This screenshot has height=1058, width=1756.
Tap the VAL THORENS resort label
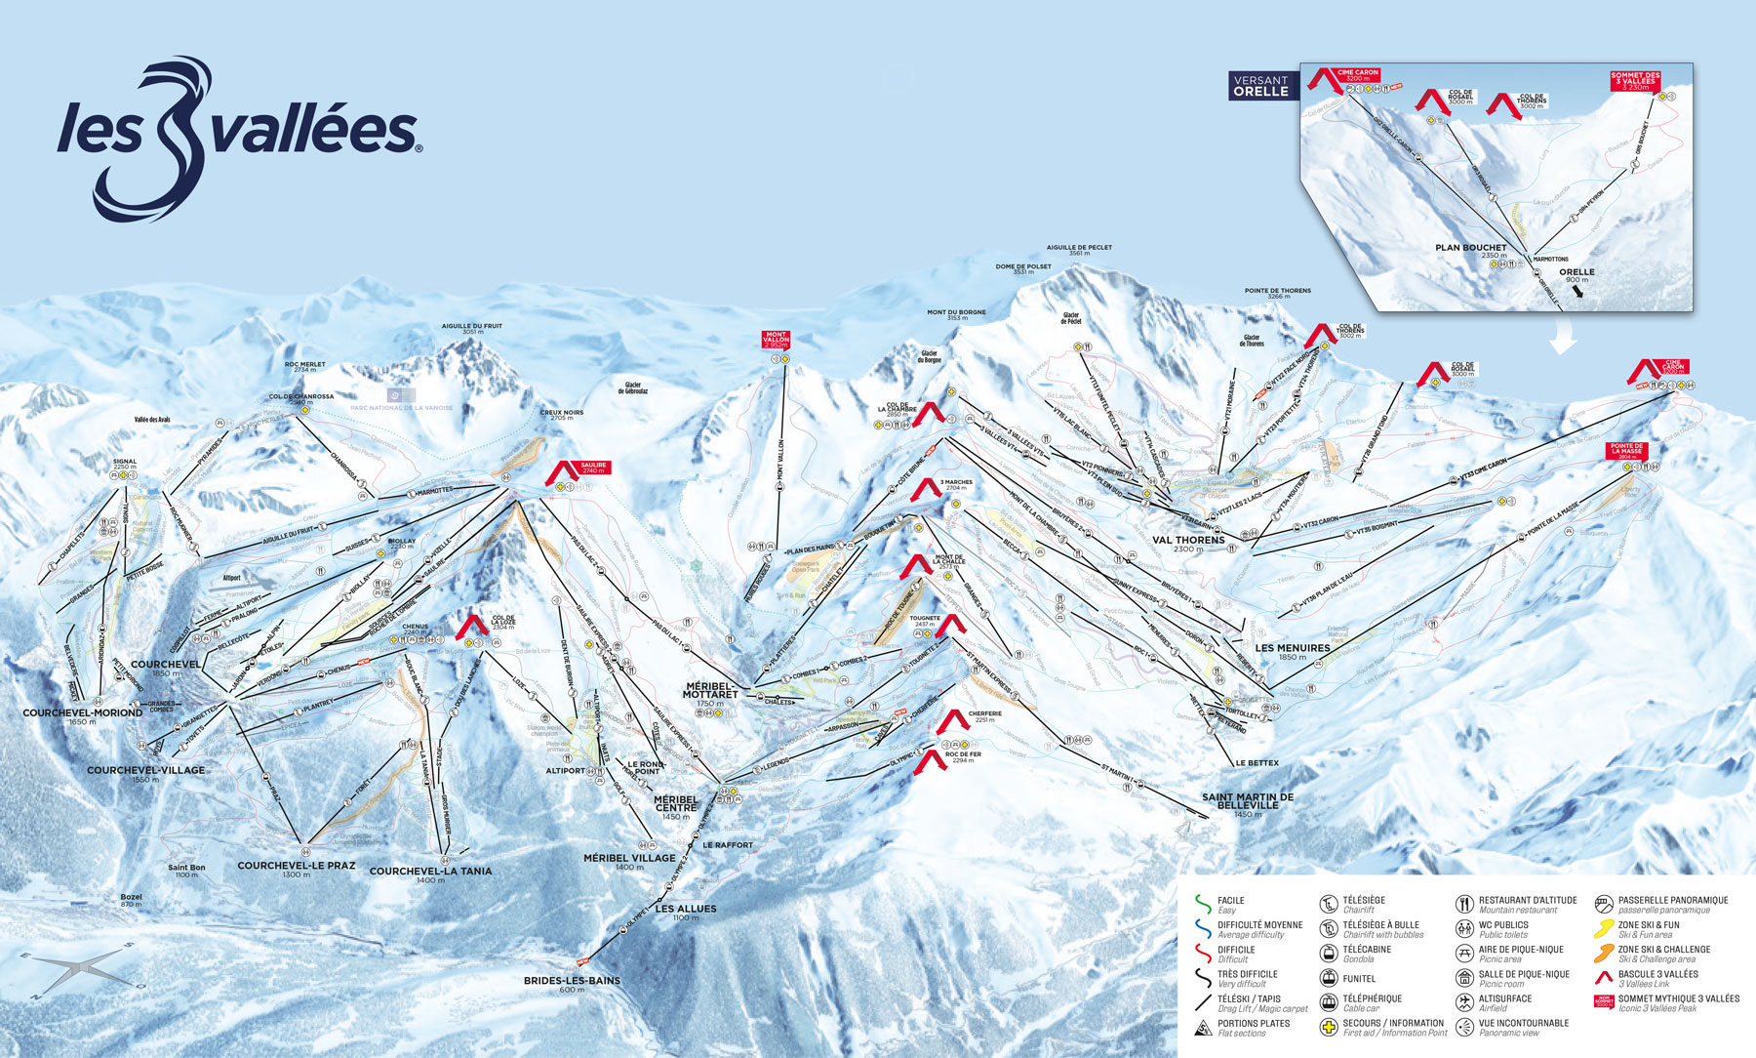click(x=1188, y=540)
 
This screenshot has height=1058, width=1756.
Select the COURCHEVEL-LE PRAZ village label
click(x=296, y=866)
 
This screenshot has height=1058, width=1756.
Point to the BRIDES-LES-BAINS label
click(x=572, y=980)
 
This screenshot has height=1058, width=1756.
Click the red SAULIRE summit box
click(x=593, y=468)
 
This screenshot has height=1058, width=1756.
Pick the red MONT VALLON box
click(x=776, y=340)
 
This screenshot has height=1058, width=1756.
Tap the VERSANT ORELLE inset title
click(x=1260, y=86)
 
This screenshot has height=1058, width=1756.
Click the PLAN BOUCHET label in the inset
click(x=1470, y=248)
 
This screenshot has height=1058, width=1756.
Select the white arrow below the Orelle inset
click(x=1564, y=338)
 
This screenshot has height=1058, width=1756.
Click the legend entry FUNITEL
click(x=1359, y=978)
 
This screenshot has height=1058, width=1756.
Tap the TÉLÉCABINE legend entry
click(x=1366, y=949)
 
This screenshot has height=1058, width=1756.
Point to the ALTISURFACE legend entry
click(x=1504, y=998)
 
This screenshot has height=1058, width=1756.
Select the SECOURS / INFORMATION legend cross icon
click(x=1328, y=1027)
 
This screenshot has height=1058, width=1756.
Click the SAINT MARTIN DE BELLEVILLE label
click(x=1247, y=800)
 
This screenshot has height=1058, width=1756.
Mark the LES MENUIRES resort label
click(x=1292, y=648)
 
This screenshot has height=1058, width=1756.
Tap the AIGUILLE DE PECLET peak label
click(x=1079, y=248)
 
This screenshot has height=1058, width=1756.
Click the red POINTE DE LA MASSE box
click(x=1626, y=450)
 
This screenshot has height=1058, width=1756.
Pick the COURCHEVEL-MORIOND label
click(x=83, y=713)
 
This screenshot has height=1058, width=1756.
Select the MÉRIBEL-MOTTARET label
click(x=710, y=690)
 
